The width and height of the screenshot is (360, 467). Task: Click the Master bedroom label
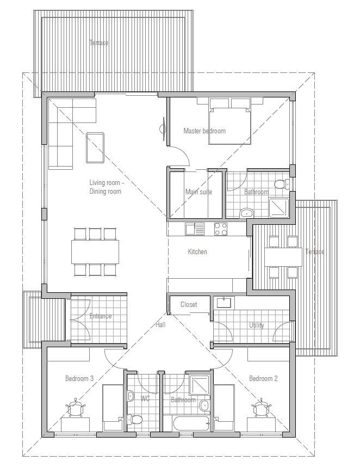pyautogui.click(x=204, y=131)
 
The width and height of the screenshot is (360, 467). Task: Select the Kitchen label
pyautogui.click(x=197, y=252)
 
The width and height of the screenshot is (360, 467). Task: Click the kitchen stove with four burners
pyautogui.click(x=221, y=229)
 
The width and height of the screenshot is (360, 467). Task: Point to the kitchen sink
pyautogui.click(x=194, y=229)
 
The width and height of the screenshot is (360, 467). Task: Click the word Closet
pyautogui.click(x=189, y=305)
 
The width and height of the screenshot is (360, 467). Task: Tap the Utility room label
pyautogui.click(x=257, y=325)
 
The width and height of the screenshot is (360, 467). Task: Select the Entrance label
pyautogui.click(x=101, y=316)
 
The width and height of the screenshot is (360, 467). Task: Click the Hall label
pyautogui.click(x=160, y=325)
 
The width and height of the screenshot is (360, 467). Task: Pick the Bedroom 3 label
pyautogui.click(x=79, y=378)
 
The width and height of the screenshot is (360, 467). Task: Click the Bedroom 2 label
pyautogui.click(x=263, y=378)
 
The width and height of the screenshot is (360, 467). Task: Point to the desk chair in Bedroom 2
pyautogui.click(x=262, y=407)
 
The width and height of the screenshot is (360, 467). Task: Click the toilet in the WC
pyautogui.click(x=135, y=420)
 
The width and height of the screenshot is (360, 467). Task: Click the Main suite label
pyautogui.click(x=198, y=192)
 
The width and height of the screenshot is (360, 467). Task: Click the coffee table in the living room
pyautogui.click(x=95, y=147)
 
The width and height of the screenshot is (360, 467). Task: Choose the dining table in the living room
pyautogui.click(x=95, y=251)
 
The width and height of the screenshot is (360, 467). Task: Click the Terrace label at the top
pyautogui.click(x=99, y=42)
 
